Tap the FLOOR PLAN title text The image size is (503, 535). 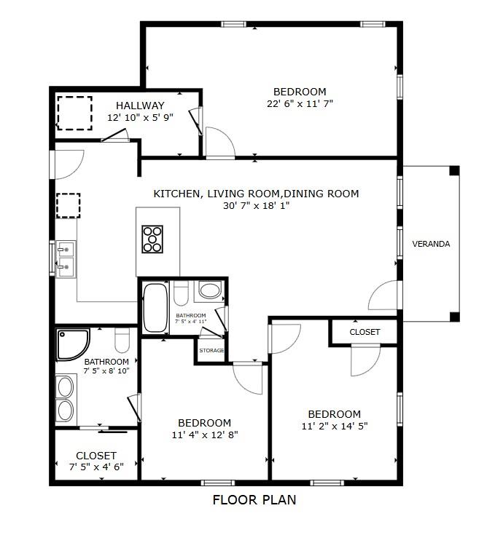tap(254, 500)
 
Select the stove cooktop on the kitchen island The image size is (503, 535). tap(153, 239)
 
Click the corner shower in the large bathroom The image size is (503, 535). tap(74, 344)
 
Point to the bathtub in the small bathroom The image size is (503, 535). tap(155, 307)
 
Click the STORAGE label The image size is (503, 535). tap(211, 351)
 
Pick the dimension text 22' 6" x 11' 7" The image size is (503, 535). tap(300, 103)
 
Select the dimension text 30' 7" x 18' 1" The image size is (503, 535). tap(256, 205)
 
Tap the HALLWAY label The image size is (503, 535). tap(140, 106)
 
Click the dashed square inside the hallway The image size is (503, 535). tap(74, 112)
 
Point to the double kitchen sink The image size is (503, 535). tap(66, 258)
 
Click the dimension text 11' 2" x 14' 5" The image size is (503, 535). tap(334, 426)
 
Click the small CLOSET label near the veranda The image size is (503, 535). tap(364, 332)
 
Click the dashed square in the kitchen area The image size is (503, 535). tap(68, 205)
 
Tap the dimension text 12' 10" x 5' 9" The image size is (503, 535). tap(140, 117)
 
